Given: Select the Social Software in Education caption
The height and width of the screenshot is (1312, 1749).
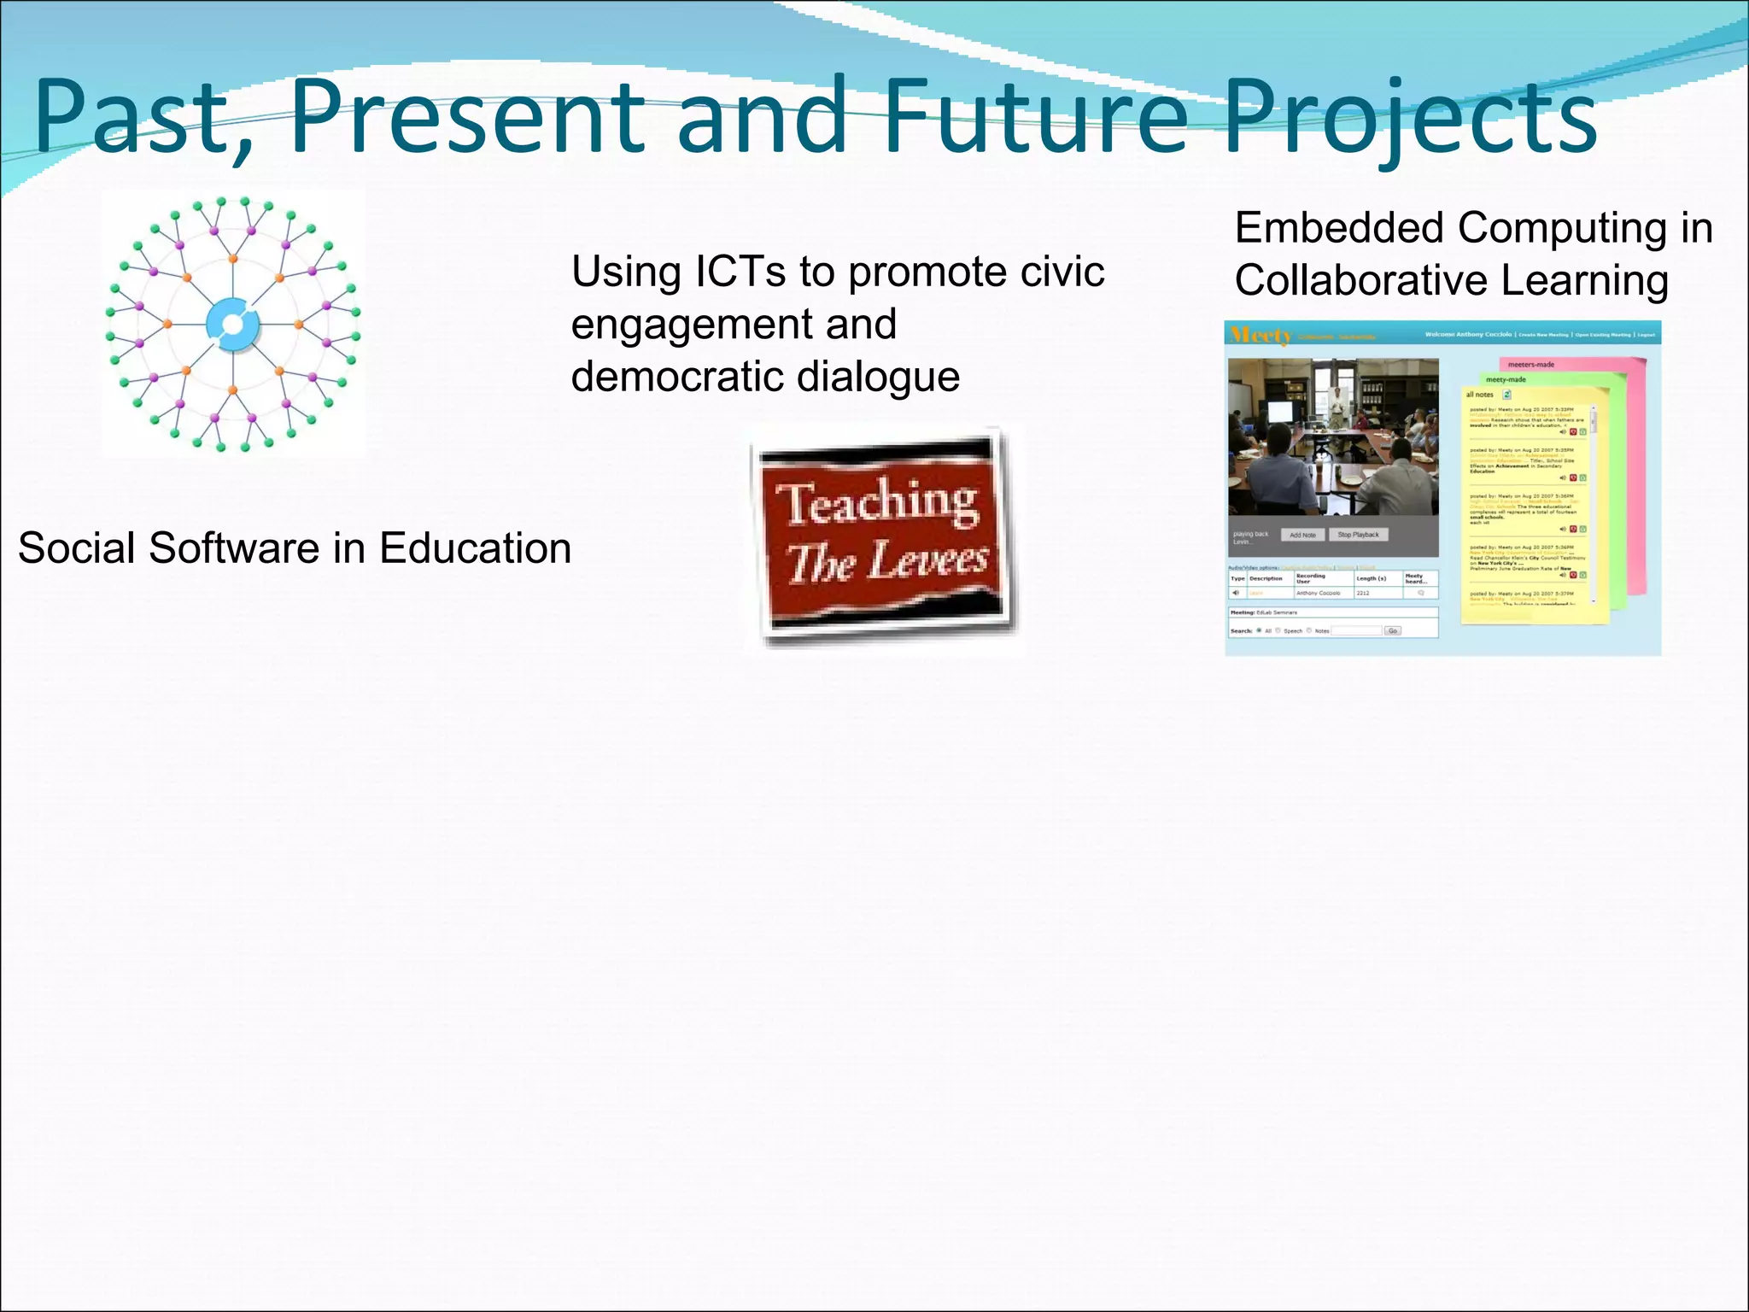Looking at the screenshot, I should click(x=295, y=548).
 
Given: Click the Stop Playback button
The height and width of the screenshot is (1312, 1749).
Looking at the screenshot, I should click(x=1358, y=535).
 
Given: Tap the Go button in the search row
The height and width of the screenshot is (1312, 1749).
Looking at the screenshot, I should click(x=1393, y=630).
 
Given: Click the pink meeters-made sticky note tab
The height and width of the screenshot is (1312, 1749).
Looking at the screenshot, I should click(x=1531, y=365).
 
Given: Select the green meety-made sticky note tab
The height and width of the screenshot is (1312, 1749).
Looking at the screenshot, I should click(x=1506, y=379).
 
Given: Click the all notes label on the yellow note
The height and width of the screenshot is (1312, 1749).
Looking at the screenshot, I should click(x=1479, y=395).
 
